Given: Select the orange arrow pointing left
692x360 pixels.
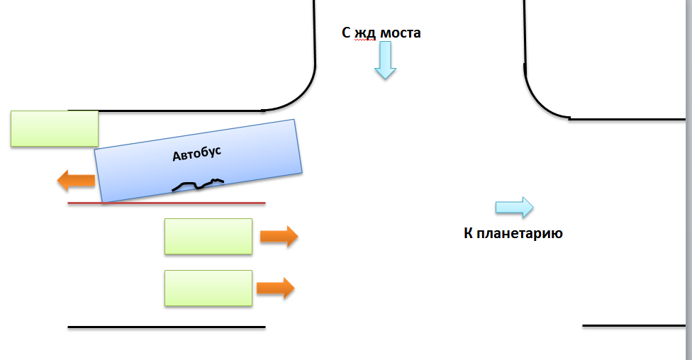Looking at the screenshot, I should [76, 181].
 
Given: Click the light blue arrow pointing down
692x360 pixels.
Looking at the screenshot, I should [385, 60].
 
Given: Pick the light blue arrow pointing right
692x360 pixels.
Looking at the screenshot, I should [514, 207].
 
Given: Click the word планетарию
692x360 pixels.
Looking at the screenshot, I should [520, 232].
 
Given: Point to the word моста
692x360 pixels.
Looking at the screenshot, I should [401, 33].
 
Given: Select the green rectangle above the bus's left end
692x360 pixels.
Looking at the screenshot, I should [55, 128].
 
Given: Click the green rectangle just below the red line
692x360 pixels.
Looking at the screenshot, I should [208, 236].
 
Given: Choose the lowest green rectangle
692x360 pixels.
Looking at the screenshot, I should [208, 288].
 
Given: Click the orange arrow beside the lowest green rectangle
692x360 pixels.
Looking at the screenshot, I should [275, 288].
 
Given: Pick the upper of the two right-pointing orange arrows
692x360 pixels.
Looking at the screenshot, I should [279, 237].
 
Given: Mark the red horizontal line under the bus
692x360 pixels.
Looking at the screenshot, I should [167, 203].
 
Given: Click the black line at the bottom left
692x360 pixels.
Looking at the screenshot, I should [167, 327].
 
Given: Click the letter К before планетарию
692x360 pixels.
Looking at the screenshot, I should [469, 232].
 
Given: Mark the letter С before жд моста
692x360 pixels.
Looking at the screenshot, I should [347, 33].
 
